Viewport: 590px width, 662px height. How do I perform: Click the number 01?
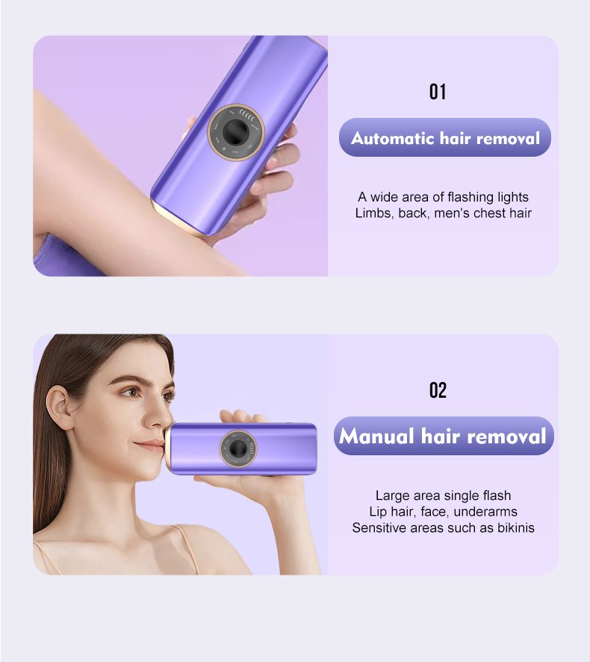[438, 92]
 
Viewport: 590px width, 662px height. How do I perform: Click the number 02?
[438, 390]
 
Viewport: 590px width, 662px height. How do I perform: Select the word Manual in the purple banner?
[376, 436]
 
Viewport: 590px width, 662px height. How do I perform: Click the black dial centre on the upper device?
[235, 132]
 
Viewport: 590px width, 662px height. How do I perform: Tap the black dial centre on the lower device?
[237, 449]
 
